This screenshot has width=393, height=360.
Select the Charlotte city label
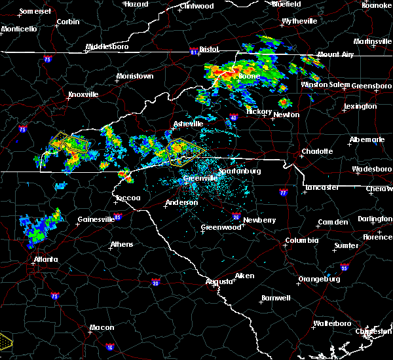[316, 152]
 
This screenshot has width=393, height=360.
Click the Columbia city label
[301, 240]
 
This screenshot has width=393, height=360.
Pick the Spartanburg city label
[240, 171]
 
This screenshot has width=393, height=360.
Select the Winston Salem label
[326, 85]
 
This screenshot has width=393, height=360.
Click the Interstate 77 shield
[283, 193]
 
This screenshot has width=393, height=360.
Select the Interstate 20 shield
[155, 282]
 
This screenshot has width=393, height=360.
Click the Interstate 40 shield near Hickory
[233, 118]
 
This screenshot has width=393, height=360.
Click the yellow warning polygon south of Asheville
[181, 153]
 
